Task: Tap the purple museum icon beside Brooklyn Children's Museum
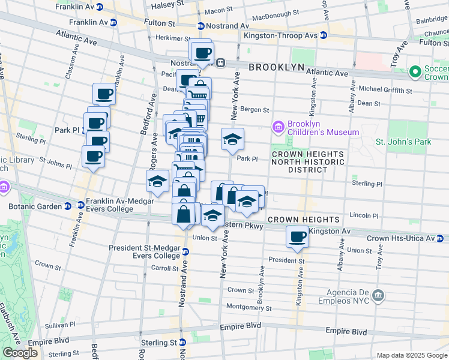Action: pos(278,127)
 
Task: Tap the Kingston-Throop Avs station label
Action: pos(280,35)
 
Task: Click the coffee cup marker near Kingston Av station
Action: pos(297,236)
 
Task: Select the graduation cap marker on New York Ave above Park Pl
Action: pos(232,140)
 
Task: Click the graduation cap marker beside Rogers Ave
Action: pos(157,181)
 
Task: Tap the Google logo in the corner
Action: pos(20,353)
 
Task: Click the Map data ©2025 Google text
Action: pos(412,355)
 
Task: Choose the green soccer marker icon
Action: pos(415,72)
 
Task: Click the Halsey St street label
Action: pos(163,4)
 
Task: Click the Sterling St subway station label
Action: pos(158,343)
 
